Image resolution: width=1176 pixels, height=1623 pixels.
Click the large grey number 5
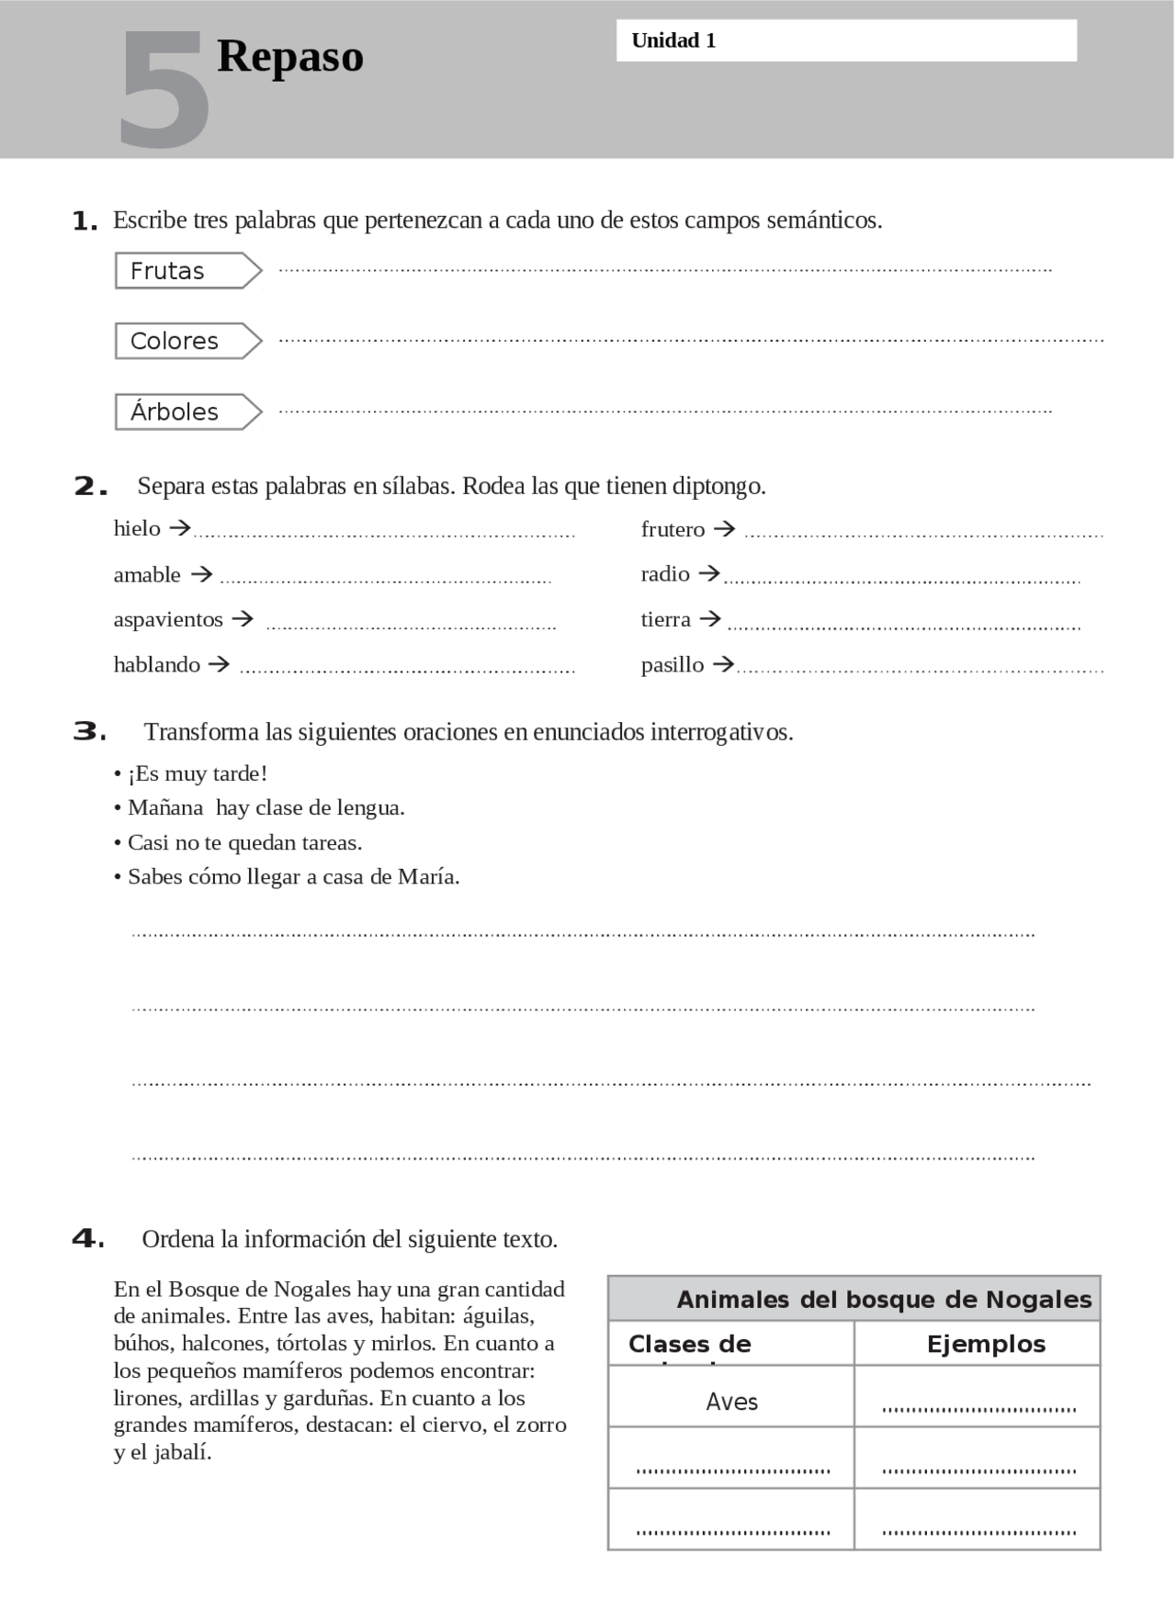pyautogui.click(x=164, y=90)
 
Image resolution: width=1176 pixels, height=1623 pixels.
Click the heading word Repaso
pyautogui.click(x=290, y=56)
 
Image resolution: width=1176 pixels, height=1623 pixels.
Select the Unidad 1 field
pyautogui.click(x=845, y=41)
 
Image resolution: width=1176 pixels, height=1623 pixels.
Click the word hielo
pyautogui.click(x=137, y=528)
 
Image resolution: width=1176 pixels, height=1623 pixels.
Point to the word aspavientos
pyautogui.click(x=168, y=619)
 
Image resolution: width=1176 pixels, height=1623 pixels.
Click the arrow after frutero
pyautogui.click(x=725, y=529)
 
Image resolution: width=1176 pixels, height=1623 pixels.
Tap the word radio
pyautogui.click(x=665, y=574)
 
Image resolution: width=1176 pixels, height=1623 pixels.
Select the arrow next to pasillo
pyautogui.click(x=724, y=663)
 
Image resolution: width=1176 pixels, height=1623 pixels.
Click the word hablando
pyautogui.click(x=157, y=664)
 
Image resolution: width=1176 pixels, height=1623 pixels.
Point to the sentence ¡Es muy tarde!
pyautogui.click(x=197, y=773)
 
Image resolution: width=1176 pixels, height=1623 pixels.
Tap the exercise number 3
pyautogui.click(x=89, y=732)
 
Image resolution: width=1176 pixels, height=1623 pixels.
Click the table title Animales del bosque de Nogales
pyautogui.click(x=884, y=1300)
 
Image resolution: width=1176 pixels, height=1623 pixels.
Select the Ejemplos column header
pyautogui.click(x=986, y=1344)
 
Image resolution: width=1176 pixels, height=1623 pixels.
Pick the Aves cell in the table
pyautogui.click(x=731, y=1402)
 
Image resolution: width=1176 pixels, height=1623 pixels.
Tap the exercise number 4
pyautogui.click(x=88, y=1239)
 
